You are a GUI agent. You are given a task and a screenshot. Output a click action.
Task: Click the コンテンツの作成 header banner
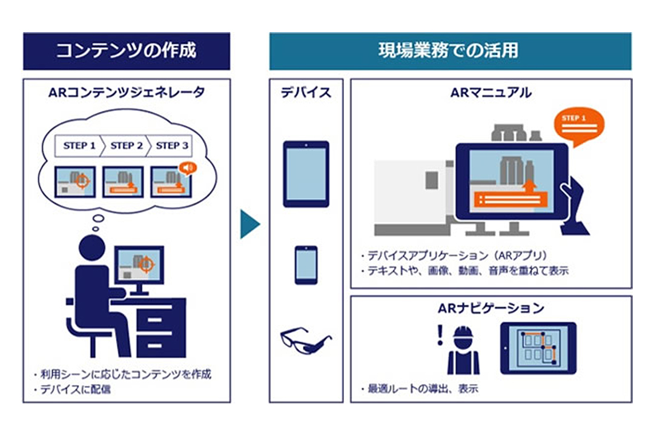point(127,51)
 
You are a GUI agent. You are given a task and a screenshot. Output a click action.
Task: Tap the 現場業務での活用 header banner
point(450,51)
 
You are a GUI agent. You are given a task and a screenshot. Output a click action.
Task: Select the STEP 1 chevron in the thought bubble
point(79,145)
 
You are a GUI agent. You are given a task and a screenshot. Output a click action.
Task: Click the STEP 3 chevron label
point(171,145)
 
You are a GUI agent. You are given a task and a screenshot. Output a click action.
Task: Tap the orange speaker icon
point(188,168)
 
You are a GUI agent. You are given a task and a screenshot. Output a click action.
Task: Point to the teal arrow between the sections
point(250,224)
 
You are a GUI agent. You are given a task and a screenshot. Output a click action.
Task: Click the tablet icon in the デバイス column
point(306,174)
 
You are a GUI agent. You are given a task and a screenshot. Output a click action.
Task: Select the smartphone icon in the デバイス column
point(306,265)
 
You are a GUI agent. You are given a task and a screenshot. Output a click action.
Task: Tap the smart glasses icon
point(305,340)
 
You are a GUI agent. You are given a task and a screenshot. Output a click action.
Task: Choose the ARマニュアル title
point(491,93)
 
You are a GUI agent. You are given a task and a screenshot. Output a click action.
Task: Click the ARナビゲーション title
point(491,308)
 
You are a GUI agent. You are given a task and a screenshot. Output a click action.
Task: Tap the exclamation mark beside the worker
point(440,335)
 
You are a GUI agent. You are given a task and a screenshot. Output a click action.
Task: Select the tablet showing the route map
point(538,348)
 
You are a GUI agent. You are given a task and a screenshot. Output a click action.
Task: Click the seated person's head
point(92,248)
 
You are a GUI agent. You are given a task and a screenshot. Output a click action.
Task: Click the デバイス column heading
point(306,93)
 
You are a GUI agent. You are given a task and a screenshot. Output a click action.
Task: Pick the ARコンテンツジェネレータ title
point(127,93)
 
